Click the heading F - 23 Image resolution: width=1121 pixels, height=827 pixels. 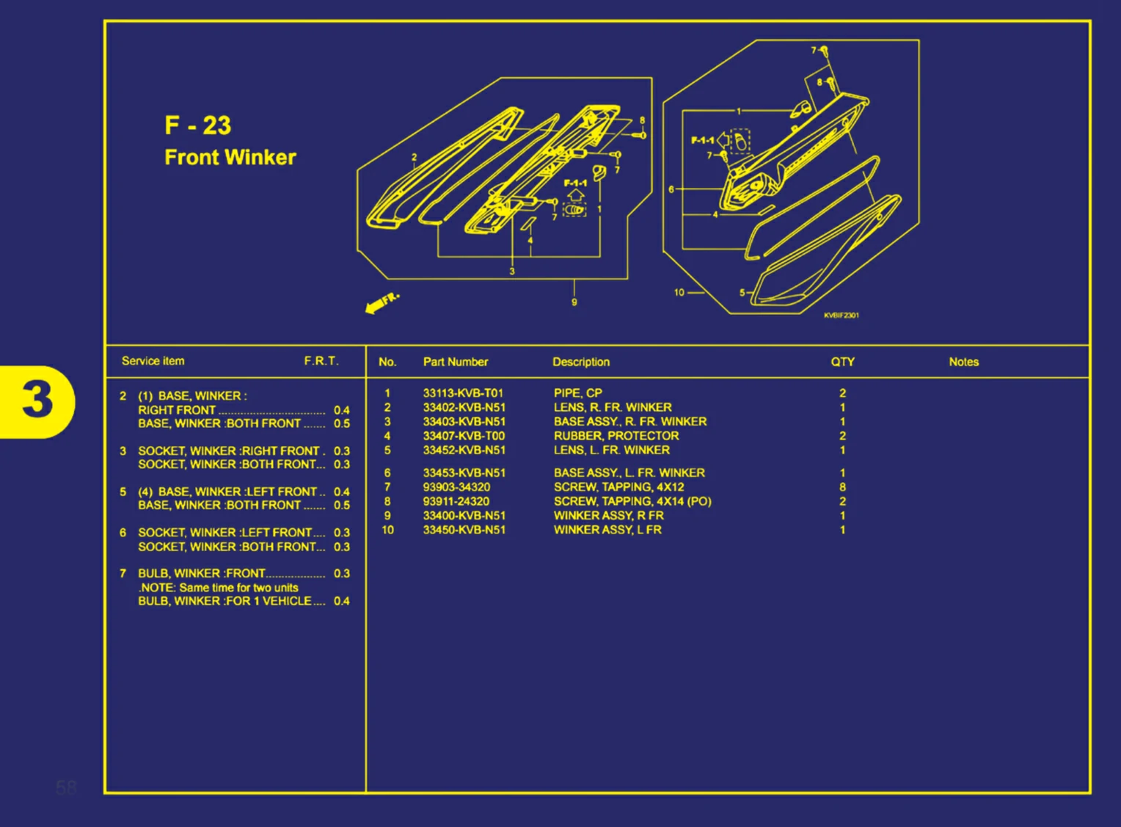197,125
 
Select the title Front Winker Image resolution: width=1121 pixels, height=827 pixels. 230,157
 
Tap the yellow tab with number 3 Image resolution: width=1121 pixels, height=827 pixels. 37,401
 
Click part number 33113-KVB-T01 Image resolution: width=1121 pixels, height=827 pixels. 463,393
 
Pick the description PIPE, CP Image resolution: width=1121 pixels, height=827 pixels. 577,393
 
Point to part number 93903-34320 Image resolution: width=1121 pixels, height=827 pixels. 456,487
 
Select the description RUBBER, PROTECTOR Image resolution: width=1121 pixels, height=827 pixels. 616,436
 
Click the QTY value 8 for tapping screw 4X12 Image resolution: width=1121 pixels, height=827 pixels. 842,487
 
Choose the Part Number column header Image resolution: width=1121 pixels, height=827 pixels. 455,362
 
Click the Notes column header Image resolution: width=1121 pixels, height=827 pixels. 963,362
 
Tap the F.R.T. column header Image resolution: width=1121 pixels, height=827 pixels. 321,361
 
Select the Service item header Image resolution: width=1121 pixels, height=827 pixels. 153,361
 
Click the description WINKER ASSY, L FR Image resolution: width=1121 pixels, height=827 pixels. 607,530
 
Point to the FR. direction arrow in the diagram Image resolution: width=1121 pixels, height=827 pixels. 381,302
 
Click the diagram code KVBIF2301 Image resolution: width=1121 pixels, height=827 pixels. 841,316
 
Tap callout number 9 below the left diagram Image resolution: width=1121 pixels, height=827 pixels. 574,302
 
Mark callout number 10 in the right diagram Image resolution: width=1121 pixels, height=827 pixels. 679,292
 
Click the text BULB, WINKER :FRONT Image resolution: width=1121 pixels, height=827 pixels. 202,573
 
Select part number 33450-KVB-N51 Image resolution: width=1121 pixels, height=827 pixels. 464,530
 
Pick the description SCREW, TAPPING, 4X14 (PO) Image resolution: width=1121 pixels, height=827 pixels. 632,502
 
